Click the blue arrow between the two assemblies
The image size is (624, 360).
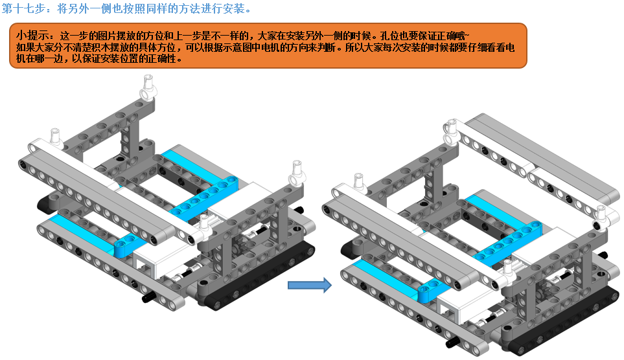[x=309, y=286]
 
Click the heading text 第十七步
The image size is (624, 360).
[x=22, y=9]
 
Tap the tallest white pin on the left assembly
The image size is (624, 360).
[x=148, y=85]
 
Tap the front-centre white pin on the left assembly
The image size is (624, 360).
[x=205, y=224]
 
